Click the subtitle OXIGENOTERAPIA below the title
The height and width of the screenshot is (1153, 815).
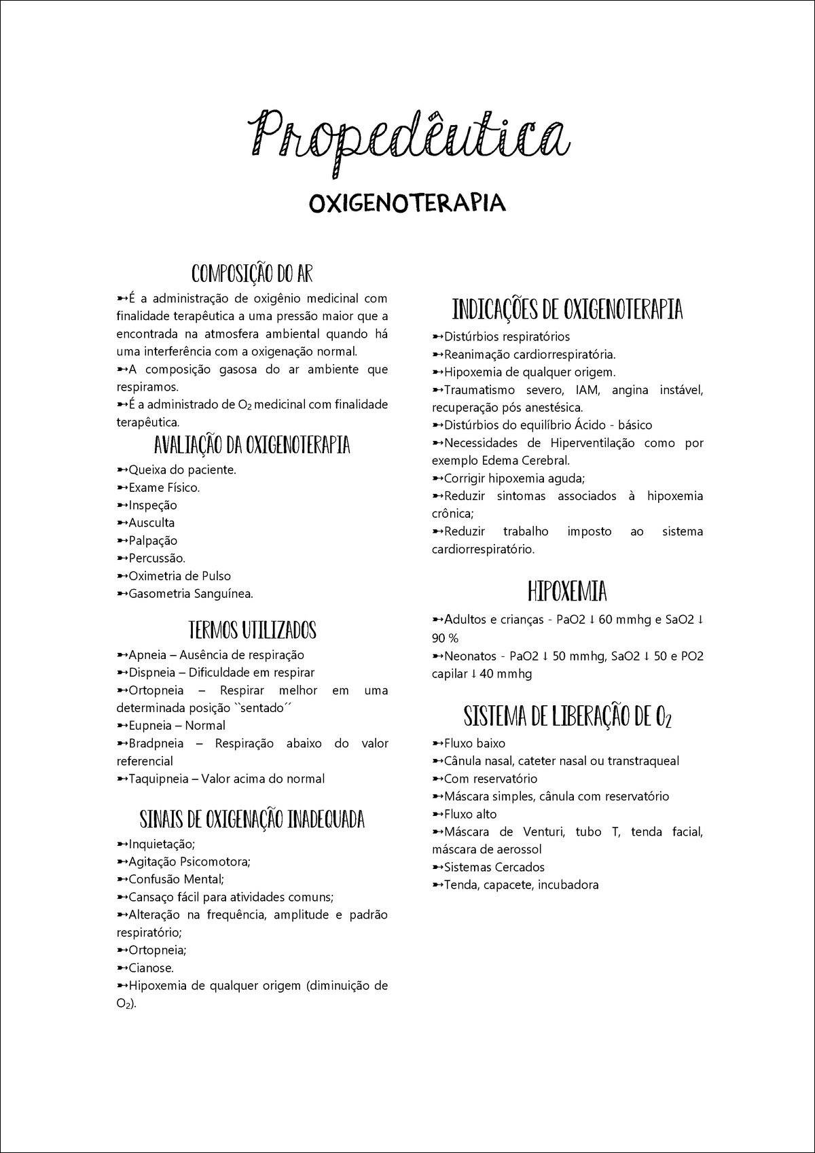click(x=407, y=202)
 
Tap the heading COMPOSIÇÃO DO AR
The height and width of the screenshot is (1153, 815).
click(x=252, y=273)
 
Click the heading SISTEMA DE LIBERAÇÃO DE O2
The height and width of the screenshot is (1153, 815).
click(x=567, y=717)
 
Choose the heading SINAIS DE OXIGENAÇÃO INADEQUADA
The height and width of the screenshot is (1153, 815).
click(x=252, y=819)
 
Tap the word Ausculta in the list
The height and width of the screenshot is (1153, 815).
click(x=151, y=523)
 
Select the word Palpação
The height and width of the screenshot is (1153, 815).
click(x=153, y=541)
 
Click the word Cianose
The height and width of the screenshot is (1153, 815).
click(x=151, y=968)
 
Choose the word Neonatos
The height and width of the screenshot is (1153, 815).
click(x=468, y=656)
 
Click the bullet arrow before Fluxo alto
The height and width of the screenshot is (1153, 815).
click(x=437, y=815)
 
